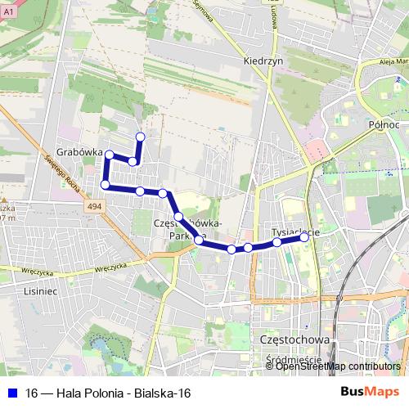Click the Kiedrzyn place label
263,61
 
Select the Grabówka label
80,151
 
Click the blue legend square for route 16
11,393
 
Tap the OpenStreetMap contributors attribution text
338,366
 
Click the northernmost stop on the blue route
140,137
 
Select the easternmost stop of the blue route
305,236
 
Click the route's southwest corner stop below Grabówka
105,185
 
